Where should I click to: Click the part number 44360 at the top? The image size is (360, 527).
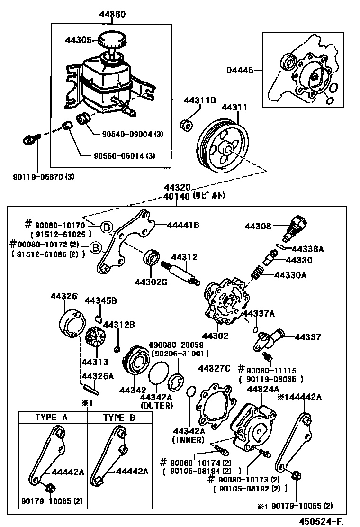[x=112, y=15]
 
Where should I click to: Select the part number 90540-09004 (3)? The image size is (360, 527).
[x=133, y=134]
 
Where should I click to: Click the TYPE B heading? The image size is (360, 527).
[x=119, y=418]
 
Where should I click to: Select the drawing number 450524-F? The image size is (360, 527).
[x=320, y=521]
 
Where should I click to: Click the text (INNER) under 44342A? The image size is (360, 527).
[x=188, y=440]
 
